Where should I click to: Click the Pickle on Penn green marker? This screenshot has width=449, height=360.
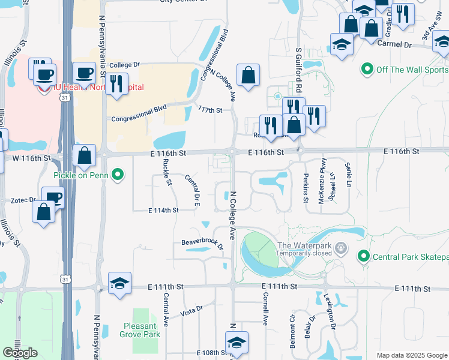[118, 175]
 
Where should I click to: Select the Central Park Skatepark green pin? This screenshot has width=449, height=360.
[363, 257]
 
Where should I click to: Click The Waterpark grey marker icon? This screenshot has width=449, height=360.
[341, 247]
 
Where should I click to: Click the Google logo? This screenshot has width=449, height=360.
[20, 353]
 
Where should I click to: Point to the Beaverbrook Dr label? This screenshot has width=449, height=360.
[202, 244]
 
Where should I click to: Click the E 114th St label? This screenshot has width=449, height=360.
[163, 211]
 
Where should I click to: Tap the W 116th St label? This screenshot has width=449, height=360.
[30, 158]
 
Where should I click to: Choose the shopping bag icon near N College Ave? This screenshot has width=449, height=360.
[248, 76]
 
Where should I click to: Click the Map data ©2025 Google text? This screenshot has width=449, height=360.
[412, 355]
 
